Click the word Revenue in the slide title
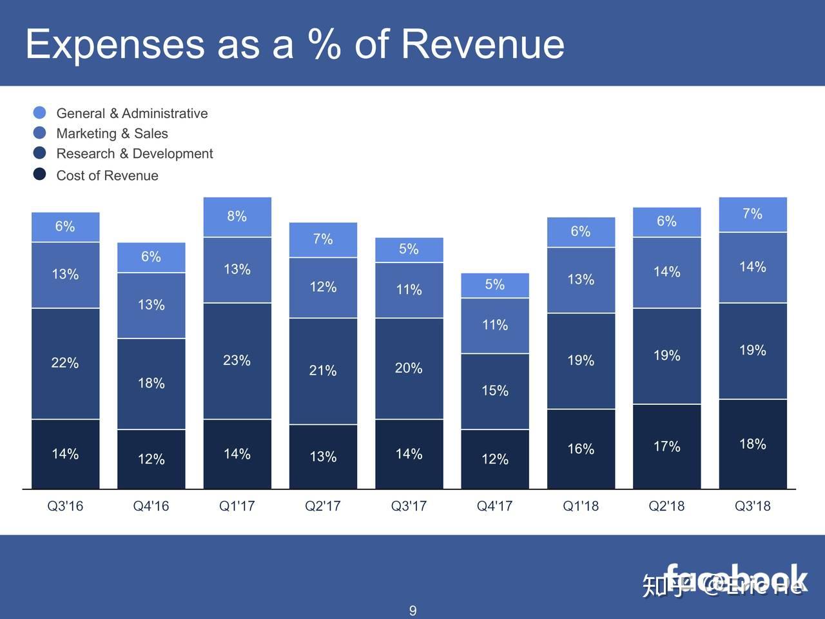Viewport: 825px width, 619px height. [482, 44]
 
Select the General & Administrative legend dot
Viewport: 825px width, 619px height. [39, 113]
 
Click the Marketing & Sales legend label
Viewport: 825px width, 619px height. [112, 133]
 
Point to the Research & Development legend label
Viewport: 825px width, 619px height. [134, 153]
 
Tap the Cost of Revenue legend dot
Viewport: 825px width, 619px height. [39, 174]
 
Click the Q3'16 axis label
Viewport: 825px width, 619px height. [65, 506]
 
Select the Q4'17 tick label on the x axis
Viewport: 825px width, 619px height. [494, 506]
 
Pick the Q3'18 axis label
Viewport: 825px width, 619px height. [752, 506]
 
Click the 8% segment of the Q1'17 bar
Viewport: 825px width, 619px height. [237, 217]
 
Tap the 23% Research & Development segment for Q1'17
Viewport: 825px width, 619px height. [237, 360]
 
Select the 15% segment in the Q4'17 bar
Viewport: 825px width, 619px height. [495, 391]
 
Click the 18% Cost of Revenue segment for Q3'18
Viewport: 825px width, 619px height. [753, 444]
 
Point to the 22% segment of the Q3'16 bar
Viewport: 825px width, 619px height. [65, 363]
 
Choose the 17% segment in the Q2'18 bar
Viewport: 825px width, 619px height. [666, 446]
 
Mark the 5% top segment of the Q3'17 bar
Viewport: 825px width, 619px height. [409, 250]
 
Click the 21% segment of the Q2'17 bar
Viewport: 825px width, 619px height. [323, 371]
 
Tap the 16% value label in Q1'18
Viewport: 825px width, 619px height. [581, 449]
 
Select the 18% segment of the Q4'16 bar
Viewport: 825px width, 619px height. [151, 383]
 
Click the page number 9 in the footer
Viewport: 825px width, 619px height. [412, 610]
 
